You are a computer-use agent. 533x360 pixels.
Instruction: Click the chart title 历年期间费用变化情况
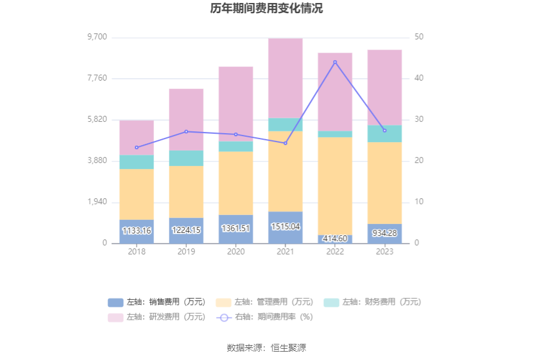(x=266, y=8)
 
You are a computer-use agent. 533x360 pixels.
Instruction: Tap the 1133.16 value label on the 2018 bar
(x=137, y=230)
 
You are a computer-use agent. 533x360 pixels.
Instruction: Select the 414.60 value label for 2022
(x=335, y=239)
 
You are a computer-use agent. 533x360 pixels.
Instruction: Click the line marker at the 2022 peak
(x=335, y=62)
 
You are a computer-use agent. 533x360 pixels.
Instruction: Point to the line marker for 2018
(x=137, y=147)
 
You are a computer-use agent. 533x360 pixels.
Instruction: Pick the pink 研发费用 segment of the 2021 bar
(x=285, y=78)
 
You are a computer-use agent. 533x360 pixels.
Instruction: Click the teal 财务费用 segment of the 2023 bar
(x=384, y=134)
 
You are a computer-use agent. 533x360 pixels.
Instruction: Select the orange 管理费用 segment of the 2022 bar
(x=335, y=186)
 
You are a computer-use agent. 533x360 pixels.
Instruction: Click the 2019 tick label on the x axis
(x=186, y=252)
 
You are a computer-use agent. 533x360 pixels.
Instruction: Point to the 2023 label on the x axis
(x=384, y=252)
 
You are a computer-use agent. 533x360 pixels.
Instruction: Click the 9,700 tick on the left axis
(x=97, y=37)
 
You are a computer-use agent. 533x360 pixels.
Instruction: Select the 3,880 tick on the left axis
(x=97, y=161)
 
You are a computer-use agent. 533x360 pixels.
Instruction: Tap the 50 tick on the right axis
(x=420, y=37)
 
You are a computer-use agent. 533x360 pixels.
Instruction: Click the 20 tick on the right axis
(x=420, y=161)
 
